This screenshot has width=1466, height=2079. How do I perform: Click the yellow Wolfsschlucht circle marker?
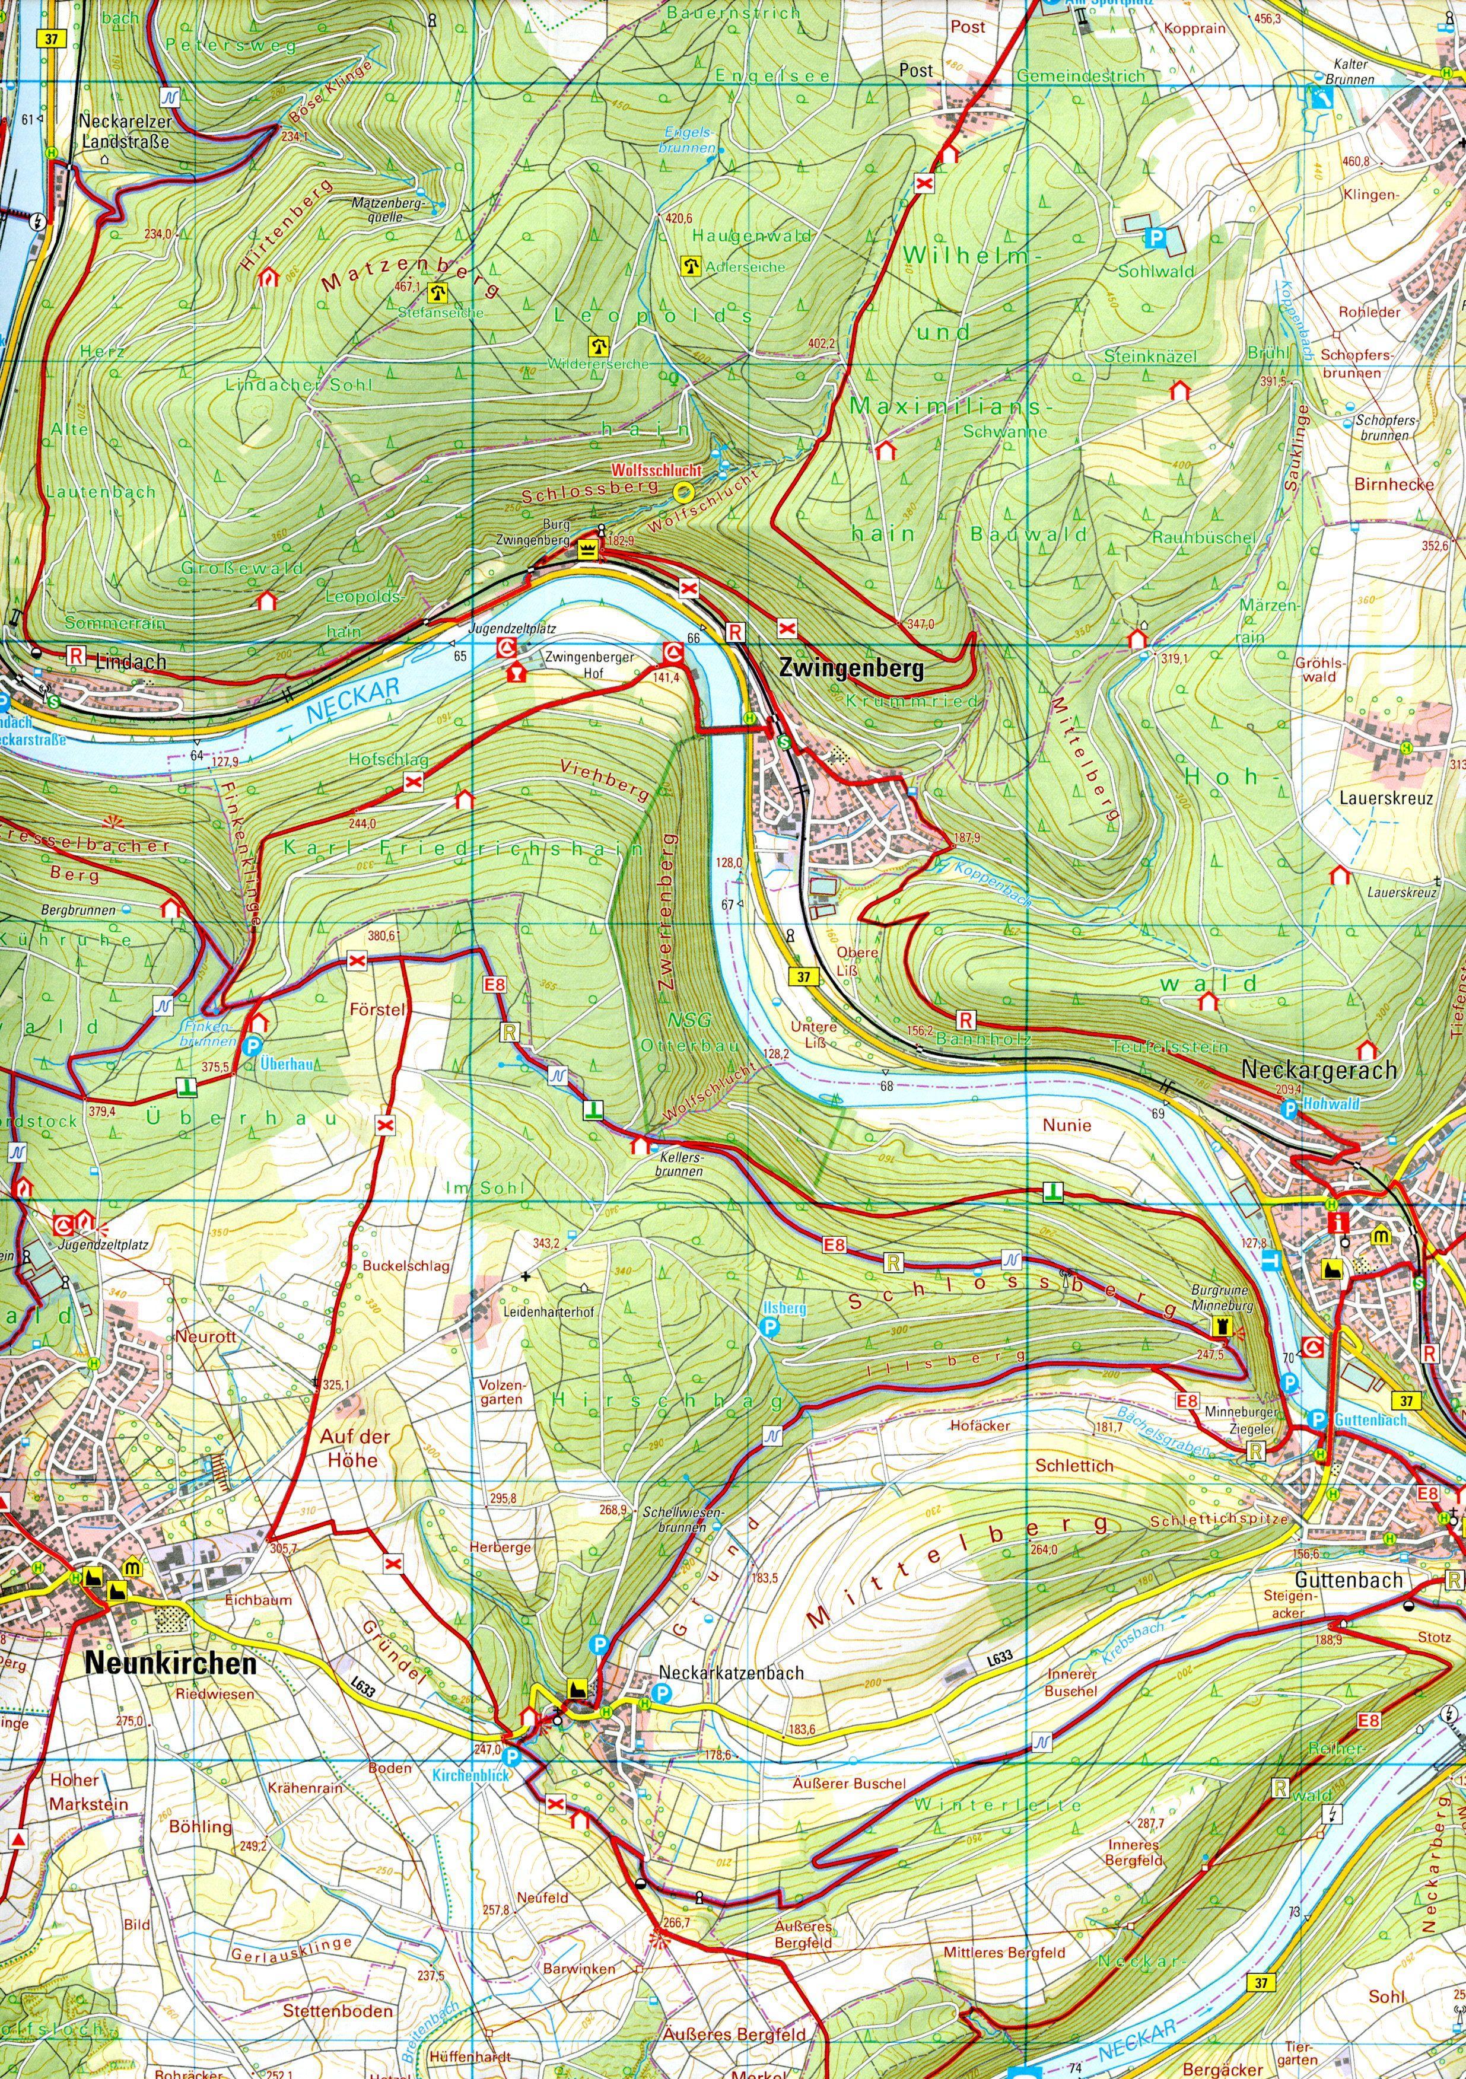[683, 492]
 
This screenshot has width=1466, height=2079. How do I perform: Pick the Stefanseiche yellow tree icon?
[439, 292]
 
